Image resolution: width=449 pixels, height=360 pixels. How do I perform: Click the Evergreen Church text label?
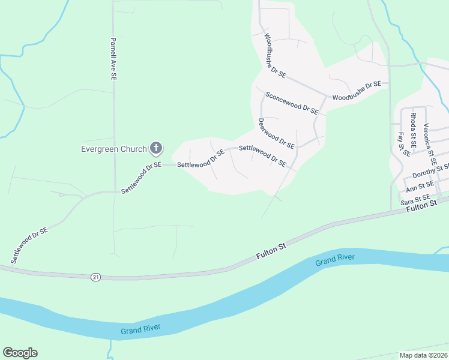click(114, 148)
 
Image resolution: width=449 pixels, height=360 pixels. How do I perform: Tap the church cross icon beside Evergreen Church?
click(156, 148)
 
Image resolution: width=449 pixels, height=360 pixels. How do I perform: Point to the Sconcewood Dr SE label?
click(291, 103)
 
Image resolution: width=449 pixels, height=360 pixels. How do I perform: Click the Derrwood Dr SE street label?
click(276, 133)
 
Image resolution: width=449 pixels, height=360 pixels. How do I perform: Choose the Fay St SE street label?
click(403, 145)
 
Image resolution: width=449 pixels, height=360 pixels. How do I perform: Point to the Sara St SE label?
click(415, 198)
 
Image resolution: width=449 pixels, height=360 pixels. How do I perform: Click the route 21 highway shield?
click(95, 277)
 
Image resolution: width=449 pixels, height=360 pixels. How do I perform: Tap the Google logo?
click(20, 353)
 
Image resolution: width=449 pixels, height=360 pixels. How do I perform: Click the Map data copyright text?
click(423, 355)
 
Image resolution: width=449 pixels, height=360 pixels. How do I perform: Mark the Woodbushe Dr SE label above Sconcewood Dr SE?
click(276, 54)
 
